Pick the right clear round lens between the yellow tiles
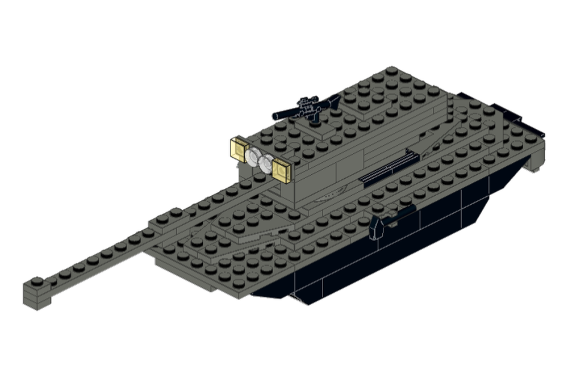point(266,163)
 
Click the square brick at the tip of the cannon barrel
point(36,293)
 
